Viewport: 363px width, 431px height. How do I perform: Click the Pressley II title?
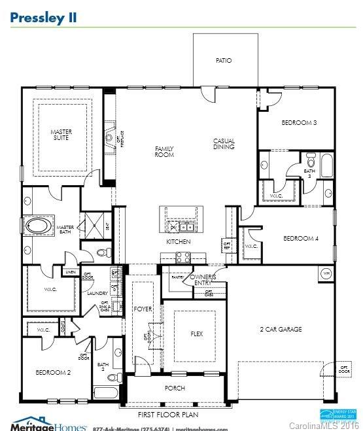[43, 17]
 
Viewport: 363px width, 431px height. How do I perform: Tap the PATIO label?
[224, 61]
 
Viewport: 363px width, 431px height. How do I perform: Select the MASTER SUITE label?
[61, 135]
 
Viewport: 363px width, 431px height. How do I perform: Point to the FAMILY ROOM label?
[164, 152]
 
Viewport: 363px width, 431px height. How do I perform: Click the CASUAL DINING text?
[224, 144]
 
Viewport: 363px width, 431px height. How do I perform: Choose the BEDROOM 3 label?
[299, 123]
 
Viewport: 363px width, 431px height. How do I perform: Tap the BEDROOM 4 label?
[300, 239]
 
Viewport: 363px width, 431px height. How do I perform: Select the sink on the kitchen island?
[185, 227]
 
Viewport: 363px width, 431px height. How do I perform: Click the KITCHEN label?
[178, 242]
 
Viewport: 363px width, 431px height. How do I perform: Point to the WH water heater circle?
[326, 272]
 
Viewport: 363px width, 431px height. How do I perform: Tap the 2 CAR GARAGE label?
[281, 330]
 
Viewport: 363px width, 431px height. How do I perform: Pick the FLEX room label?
[196, 334]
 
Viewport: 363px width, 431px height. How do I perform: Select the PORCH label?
[175, 388]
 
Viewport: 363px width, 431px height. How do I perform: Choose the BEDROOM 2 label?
[53, 372]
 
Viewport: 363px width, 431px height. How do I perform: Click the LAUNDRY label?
[97, 294]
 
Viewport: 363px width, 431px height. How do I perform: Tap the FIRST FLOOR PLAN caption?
[168, 415]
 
